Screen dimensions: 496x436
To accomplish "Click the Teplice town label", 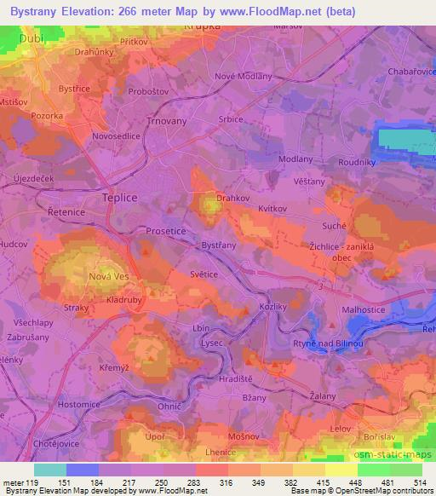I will pyautogui.click(x=119, y=195).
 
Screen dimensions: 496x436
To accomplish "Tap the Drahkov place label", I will pyautogui.click(x=232, y=197).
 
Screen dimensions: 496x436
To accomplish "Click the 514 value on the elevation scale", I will pyautogui.click(x=420, y=482).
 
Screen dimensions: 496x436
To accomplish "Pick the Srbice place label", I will pyautogui.click(x=231, y=119).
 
